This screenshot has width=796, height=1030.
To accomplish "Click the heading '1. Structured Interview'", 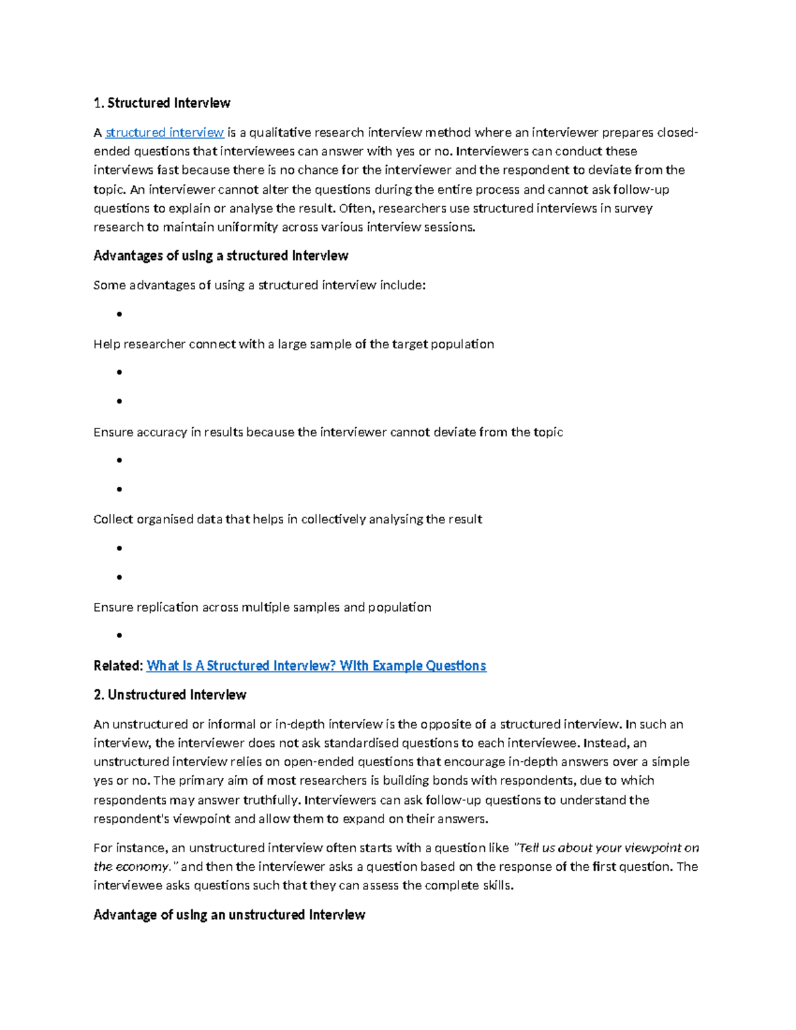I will (162, 103).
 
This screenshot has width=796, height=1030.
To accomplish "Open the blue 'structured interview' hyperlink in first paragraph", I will (165, 133).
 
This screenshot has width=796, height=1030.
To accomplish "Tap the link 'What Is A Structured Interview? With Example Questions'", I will (316, 665).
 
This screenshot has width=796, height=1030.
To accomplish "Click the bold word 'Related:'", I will (118, 665).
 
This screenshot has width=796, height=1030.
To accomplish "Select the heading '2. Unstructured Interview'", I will (170, 694).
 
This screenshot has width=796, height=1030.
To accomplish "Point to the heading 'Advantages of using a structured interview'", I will (221, 255).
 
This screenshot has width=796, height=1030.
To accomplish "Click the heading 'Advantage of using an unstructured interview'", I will (230, 915).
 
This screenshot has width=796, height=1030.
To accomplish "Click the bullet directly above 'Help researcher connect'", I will (119, 314).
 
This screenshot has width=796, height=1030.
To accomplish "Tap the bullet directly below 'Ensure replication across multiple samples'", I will (119, 635).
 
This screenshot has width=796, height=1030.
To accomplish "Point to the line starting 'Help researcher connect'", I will (293, 344).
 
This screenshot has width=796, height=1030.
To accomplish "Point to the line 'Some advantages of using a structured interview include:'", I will (259, 285).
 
